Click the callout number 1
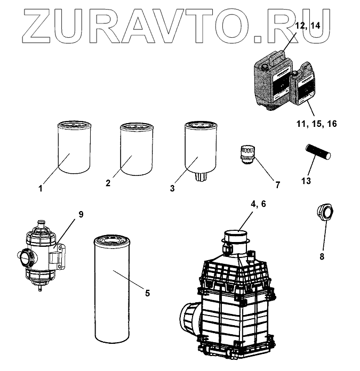(41, 188)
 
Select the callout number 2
(108, 183)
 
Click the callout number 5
(147, 293)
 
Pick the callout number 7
(278, 184)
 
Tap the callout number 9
(81, 214)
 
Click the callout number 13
(306, 181)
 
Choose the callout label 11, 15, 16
(317, 124)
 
